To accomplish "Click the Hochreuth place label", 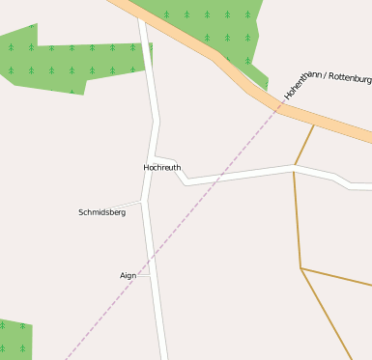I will pos(161,167).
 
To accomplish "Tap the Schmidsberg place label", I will pos(101,211).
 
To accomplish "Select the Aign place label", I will pos(128,275).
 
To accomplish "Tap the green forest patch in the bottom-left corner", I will pos(14,339).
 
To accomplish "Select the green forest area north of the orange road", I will pos(213,24).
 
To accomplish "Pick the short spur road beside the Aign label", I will pos(143,275).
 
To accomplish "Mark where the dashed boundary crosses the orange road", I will pos(275,106).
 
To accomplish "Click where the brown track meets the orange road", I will pos(314,125).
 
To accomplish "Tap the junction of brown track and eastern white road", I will pos(294,168).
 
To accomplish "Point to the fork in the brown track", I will pos(301,268).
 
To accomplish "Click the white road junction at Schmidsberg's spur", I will pos(143,200).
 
